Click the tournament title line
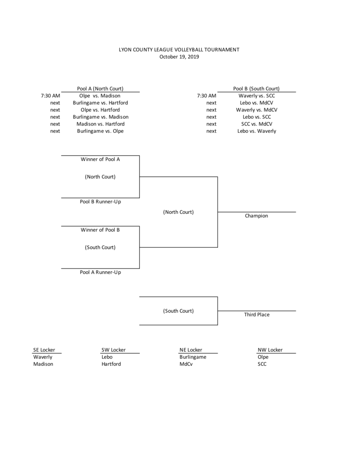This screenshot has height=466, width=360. (x=179, y=50)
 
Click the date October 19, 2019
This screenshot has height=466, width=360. (x=179, y=57)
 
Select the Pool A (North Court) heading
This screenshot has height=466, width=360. (x=100, y=89)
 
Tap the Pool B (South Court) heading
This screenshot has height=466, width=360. (x=256, y=89)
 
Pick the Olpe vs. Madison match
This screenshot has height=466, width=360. (x=100, y=96)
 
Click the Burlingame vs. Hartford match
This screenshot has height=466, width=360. (x=100, y=103)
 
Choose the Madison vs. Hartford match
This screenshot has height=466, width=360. (x=101, y=124)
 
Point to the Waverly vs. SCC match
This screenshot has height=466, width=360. (x=257, y=96)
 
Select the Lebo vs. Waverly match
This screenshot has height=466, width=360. (x=257, y=131)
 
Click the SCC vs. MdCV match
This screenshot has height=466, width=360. (x=257, y=124)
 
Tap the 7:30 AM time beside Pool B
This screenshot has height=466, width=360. (x=207, y=96)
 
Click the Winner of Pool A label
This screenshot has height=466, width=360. (x=100, y=159)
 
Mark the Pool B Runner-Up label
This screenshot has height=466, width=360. (x=100, y=202)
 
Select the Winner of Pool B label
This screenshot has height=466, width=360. (x=100, y=230)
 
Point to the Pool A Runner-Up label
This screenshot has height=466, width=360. (x=100, y=272)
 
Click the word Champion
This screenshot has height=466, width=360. (x=256, y=216)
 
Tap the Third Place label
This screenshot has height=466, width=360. (x=257, y=314)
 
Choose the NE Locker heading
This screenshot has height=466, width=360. (x=191, y=350)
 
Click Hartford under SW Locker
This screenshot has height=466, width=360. (x=111, y=364)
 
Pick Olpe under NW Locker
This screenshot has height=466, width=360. (x=263, y=357)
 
